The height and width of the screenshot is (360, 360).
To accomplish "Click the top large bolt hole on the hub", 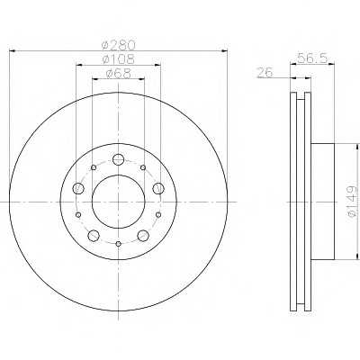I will [118, 159].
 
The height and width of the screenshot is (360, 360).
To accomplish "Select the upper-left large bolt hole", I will [78, 188].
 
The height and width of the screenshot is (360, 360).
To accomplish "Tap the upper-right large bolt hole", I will [157, 188].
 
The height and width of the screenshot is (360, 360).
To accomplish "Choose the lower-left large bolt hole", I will [94, 236].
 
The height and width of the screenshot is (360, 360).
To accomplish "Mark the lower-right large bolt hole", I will [142, 236].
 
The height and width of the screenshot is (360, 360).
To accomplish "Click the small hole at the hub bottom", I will [118, 244].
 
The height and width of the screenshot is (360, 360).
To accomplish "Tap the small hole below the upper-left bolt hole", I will [79, 214].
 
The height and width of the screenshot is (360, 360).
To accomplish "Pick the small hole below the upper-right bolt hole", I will [157, 214].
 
